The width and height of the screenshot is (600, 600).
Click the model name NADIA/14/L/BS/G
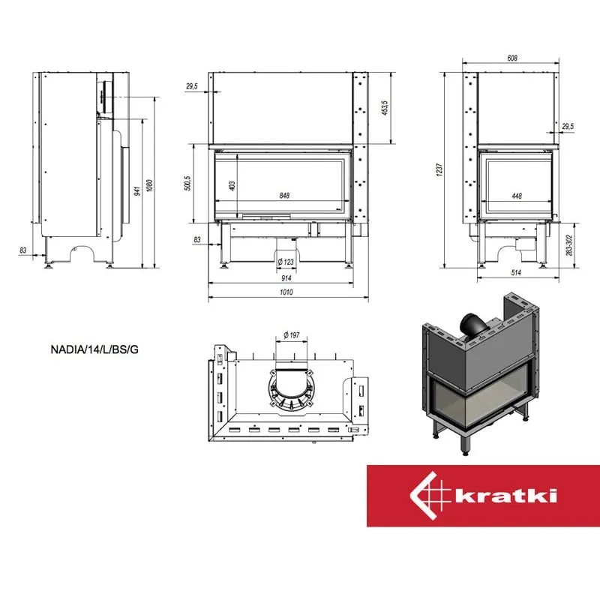94,349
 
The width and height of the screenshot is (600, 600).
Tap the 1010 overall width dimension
286,292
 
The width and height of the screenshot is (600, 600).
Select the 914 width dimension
286,278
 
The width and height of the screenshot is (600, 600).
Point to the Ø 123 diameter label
286,262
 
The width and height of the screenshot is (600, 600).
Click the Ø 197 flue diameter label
292,335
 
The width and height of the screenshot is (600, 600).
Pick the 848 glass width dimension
284,196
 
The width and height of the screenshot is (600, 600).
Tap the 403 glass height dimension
232,185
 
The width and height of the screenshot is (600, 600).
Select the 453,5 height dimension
385,108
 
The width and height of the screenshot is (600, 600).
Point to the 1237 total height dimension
439,169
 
